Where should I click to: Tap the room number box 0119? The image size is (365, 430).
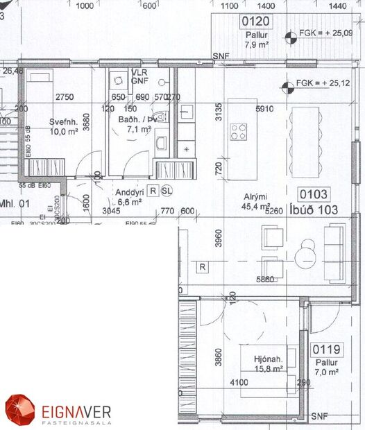[x=325, y=350]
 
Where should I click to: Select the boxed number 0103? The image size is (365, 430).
[x=314, y=195]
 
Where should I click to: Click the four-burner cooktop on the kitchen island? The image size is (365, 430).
[x=239, y=131]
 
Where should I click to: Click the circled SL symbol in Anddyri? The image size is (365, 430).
[x=166, y=190]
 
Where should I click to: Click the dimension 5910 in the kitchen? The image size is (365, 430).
[x=265, y=108]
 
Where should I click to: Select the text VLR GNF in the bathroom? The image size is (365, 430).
[x=139, y=76]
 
